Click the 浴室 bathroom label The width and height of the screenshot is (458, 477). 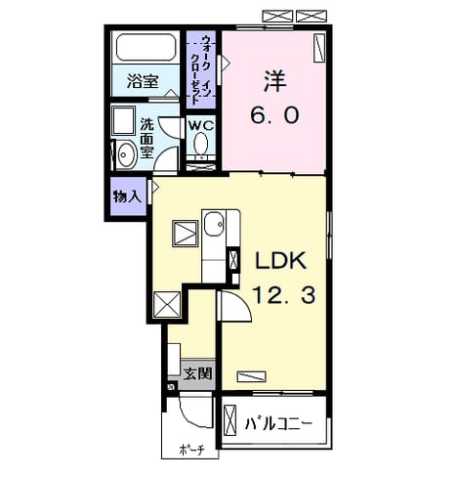pos(143,81)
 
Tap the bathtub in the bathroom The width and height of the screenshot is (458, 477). pos(146,48)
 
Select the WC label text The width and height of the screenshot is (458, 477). pos(201,125)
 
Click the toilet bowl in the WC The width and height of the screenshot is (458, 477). pos(201,144)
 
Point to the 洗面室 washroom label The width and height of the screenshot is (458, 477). pos(146,138)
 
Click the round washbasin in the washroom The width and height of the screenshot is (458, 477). pos(126,155)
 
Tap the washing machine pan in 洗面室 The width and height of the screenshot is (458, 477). pos(123,120)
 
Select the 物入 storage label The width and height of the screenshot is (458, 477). pos(127,196)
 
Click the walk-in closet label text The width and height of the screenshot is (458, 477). pos(201,69)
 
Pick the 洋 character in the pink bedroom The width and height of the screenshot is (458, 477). pos(275,81)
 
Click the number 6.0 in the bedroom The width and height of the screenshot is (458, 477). pos(274,115)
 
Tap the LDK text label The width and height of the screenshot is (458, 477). pos(280,260)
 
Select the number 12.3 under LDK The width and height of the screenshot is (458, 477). pos(283,295)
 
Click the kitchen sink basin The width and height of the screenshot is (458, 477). pos(214,224)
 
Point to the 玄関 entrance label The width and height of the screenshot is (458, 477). pos(197,373)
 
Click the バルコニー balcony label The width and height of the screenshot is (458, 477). pos(278,424)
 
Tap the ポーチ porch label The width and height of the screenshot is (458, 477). pos(191,450)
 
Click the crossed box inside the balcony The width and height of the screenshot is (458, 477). pos(229,420)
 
